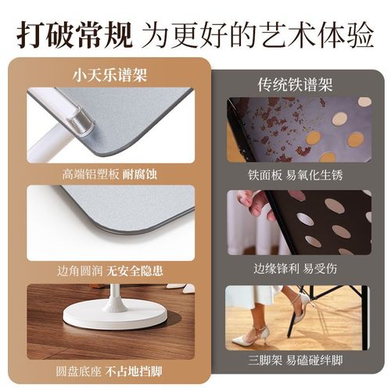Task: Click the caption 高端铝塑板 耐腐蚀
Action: coord(110,173)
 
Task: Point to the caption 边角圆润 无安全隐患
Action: coord(110,271)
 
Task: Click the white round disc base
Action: coord(115,314)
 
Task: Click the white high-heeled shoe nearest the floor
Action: coord(249,338)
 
